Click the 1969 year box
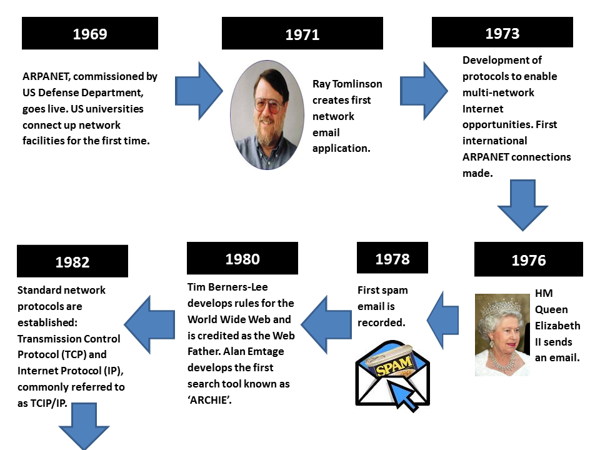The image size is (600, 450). (x=90, y=33)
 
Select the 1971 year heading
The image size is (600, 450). (x=302, y=34)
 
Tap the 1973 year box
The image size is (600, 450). (x=502, y=32)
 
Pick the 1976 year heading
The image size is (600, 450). (x=528, y=259)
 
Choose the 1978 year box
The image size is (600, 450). (x=392, y=258)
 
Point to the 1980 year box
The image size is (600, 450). (x=242, y=258)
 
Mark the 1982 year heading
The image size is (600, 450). (x=72, y=261)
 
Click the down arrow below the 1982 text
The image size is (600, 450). (x=84, y=426)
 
